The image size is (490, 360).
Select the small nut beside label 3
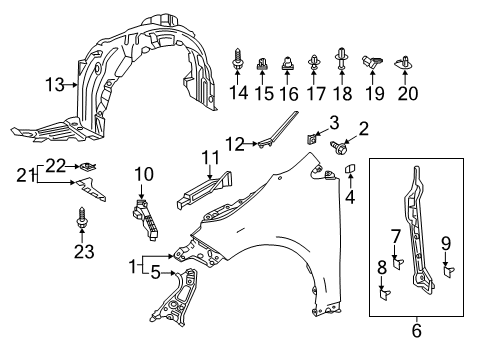click(x=312, y=142)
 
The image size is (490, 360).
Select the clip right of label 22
click(x=89, y=165)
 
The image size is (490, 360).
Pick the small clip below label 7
click(x=397, y=264)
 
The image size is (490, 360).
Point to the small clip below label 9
click(x=446, y=269)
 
